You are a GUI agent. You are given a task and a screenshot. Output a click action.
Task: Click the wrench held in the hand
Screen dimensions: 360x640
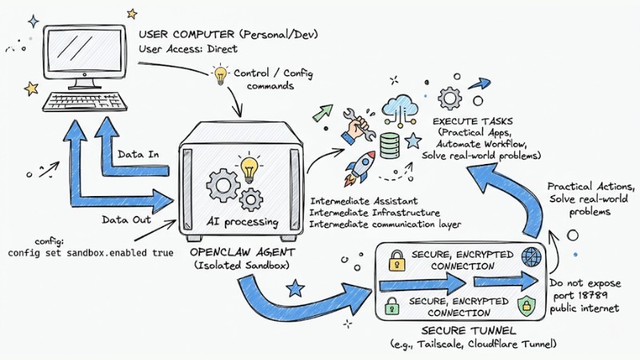(357, 125)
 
